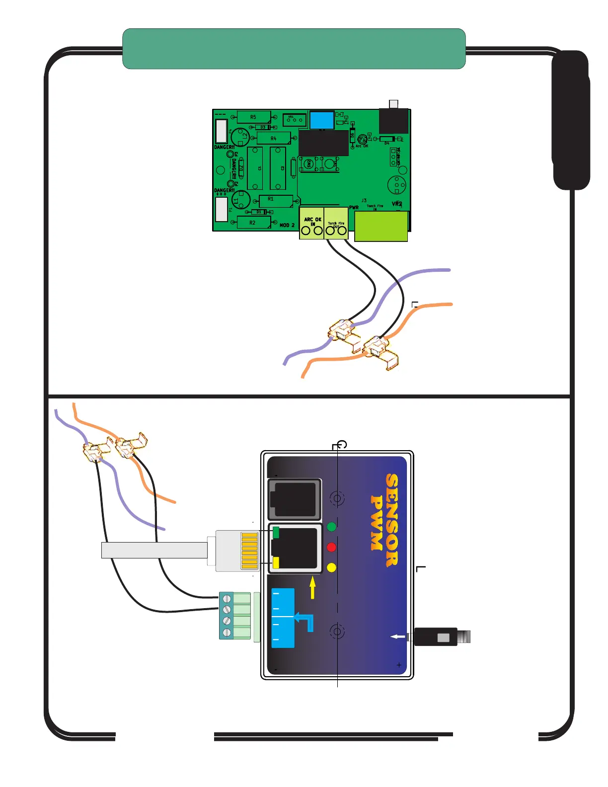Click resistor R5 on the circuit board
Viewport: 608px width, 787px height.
click(x=253, y=117)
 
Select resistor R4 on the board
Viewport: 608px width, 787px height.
click(x=273, y=139)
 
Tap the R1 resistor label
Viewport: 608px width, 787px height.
click(x=271, y=199)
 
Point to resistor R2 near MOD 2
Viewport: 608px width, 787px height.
click(x=252, y=223)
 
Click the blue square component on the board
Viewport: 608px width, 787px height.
click(x=321, y=120)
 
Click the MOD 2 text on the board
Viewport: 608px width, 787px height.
click(x=287, y=226)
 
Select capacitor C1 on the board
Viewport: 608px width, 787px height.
click(x=255, y=168)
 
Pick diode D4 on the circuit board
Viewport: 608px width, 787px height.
click(x=387, y=139)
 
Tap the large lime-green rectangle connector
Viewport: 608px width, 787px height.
click(x=381, y=226)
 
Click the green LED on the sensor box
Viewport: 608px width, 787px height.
click(x=331, y=527)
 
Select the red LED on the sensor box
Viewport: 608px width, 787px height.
click(x=331, y=548)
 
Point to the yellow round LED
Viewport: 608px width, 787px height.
click(x=331, y=567)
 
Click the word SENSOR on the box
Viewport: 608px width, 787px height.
click(x=392, y=520)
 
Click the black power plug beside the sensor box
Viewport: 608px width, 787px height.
click(x=435, y=637)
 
